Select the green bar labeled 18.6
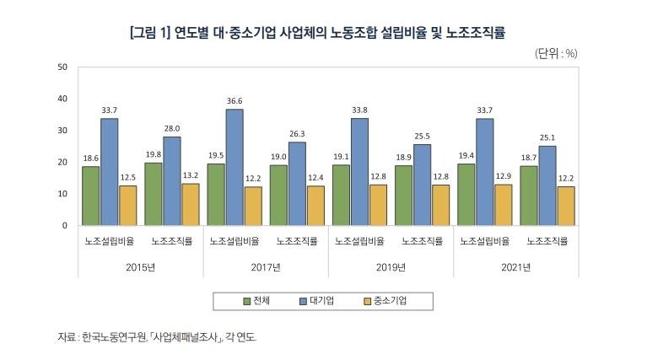91,196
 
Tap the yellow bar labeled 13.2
191,204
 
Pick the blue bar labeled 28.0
172,180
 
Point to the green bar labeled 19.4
466,194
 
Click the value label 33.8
360,109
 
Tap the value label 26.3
298,132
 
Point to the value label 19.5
216,154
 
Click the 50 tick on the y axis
62,67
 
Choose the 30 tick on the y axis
62,130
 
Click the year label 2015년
142,267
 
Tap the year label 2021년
516,267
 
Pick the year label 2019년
391,267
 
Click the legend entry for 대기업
316,301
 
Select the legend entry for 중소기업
389,301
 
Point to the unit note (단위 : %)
556,52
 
